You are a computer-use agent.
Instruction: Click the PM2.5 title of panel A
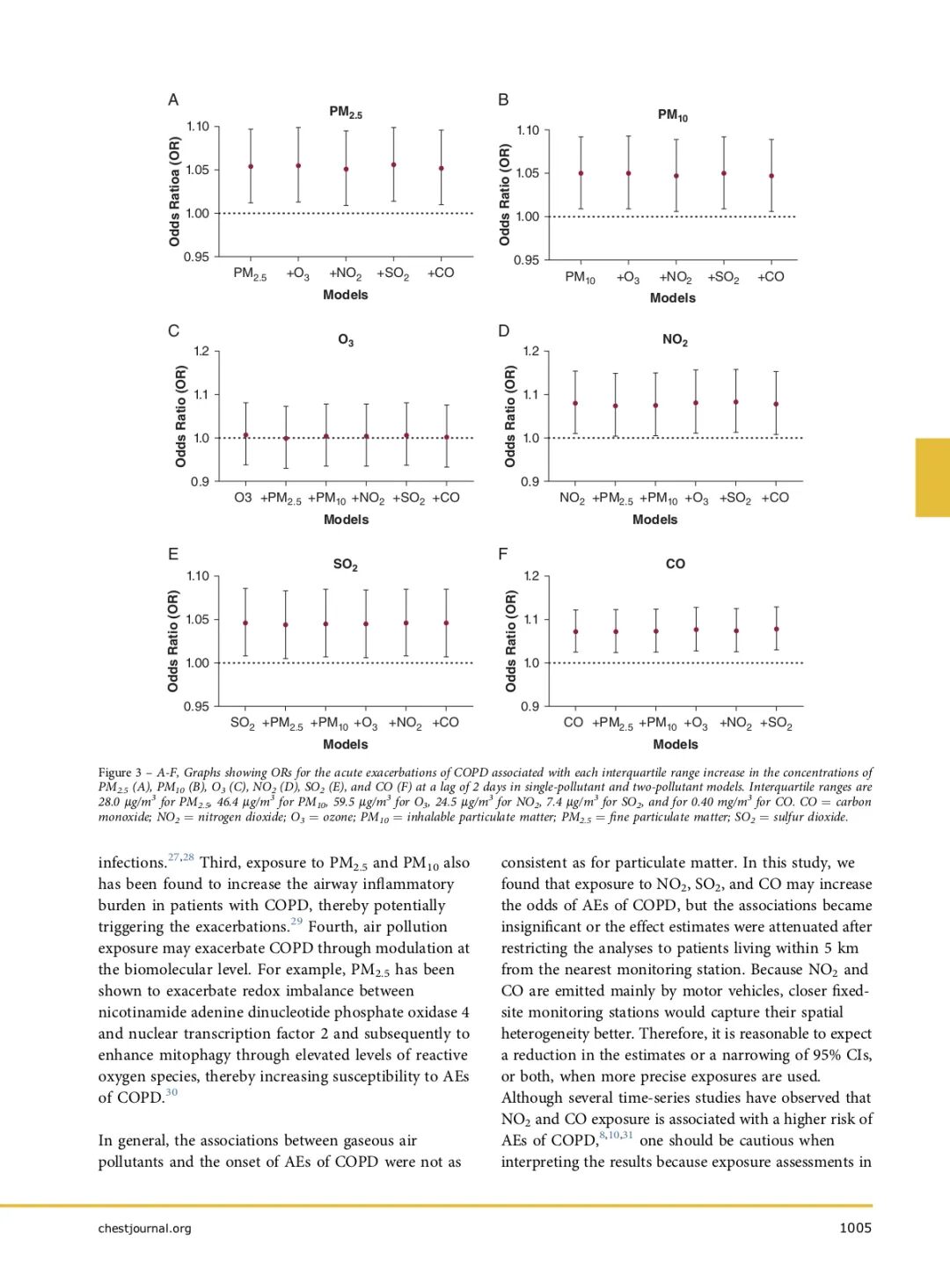pos(346,113)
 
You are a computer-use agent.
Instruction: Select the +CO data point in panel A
pos(442,168)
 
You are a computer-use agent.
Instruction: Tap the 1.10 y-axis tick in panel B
pos(528,130)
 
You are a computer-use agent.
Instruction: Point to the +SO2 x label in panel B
pos(723,278)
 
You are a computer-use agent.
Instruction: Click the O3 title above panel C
pos(346,340)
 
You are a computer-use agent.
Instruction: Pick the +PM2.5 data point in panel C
pos(286,438)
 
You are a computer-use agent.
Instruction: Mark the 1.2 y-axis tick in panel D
pos(530,351)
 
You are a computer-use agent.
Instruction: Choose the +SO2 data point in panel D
pos(736,402)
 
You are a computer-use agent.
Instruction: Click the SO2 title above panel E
pos(346,565)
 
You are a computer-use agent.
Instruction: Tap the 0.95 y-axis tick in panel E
pos(197,706)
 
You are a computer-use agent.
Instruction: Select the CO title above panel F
pos(676,564)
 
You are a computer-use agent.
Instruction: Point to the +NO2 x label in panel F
pos(736,723)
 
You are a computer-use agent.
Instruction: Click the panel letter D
pos(504,331)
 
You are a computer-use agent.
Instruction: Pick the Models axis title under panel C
pos(346,520)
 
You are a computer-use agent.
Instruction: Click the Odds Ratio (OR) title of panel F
pos(511,640)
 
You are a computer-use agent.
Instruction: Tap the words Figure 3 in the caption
pos(120,772)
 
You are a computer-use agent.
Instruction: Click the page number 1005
pos(855,1228)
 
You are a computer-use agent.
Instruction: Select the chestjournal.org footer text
pos(144,1228)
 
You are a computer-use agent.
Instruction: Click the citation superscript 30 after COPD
pos(172,1092)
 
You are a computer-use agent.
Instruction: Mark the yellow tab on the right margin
pos(932,477)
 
